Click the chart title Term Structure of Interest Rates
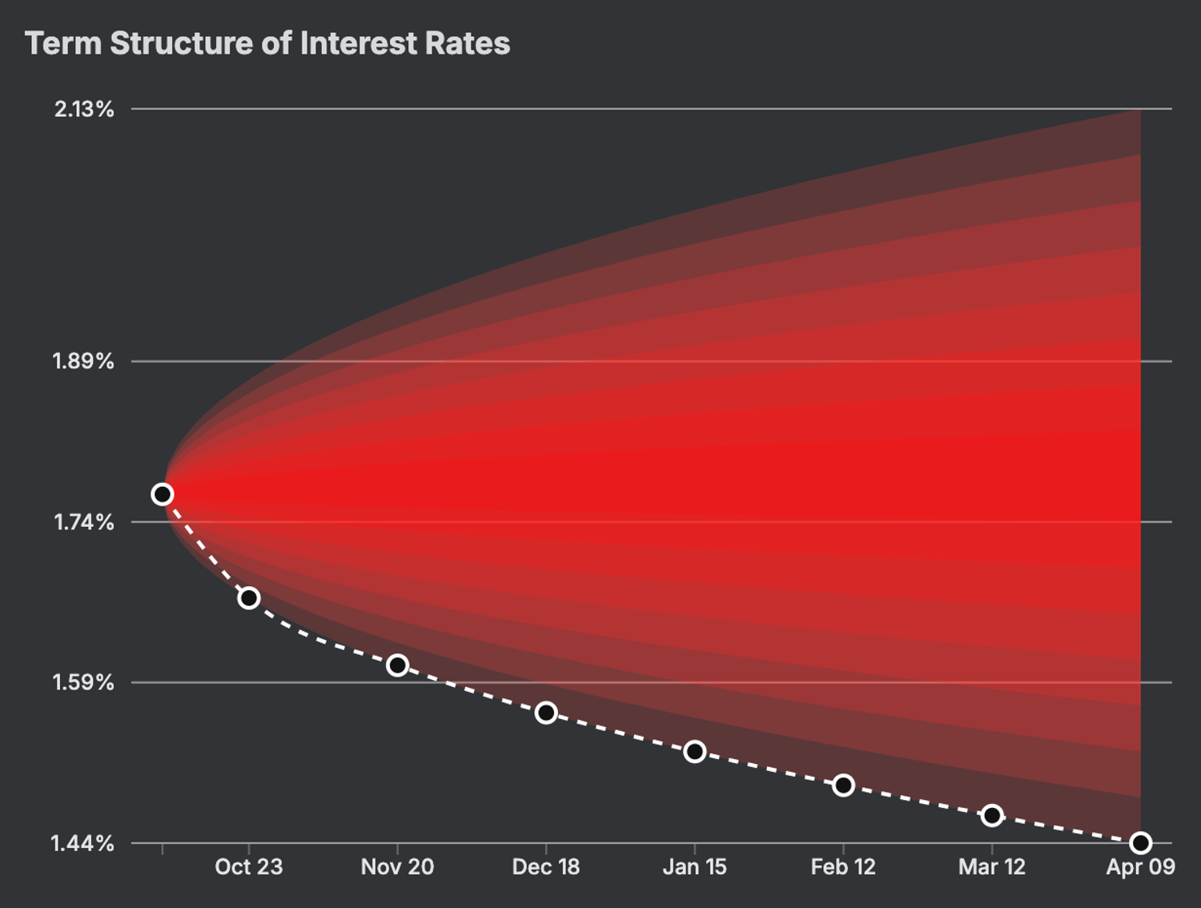(x=267, y=43)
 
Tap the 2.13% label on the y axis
(x=84, y=109)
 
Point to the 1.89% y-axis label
(x=83, y=361)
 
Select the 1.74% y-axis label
(x=83, y=522)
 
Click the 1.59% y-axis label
(x=83, y=682)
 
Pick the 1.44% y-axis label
(x=83, y=843)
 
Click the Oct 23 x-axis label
(x=249, y=866)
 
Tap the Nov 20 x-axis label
(x=397, y=866)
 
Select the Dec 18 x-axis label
(x=546, y=866)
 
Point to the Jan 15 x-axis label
(x=694, y=866)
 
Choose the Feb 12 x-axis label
(x=843, y=866)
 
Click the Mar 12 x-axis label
(x=992, y=866)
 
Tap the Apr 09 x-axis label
(x=1140, y=866)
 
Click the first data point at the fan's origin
(x=163, y=494)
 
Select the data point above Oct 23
(x=249, y=598)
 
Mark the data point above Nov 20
(x=397, y=665)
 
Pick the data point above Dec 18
(x=546, y=713)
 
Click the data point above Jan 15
(x=694, y=752)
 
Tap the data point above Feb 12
(x=843, y=785)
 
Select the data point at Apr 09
(x=1140, y=842)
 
